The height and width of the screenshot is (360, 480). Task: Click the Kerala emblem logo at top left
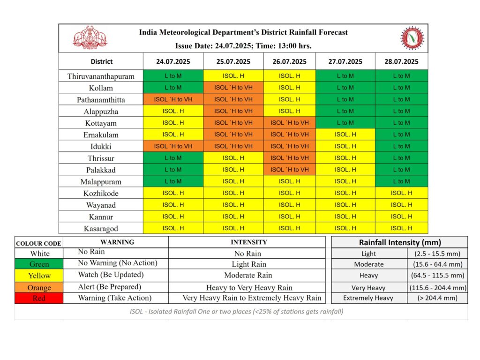click(90, 37)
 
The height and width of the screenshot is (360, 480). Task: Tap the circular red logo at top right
click(412, 38)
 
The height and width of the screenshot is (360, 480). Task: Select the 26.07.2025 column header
click(289, 61)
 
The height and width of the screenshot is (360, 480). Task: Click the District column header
click(102, 61)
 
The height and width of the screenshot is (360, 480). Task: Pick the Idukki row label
click(101, 147)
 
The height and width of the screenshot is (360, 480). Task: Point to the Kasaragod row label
click(101, 229)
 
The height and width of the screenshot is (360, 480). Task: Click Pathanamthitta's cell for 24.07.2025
click(173, 99)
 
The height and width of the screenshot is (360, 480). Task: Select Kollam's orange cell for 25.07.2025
click(233, 88)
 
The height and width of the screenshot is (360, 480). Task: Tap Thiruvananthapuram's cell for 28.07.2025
click(401, 75)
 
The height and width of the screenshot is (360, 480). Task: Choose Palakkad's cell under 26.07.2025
click(289, 170)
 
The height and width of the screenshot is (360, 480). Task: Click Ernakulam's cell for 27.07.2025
click(345, 135)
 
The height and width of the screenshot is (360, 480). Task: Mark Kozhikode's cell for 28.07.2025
click(401, 193)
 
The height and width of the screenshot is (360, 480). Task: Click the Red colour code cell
click(39, 298)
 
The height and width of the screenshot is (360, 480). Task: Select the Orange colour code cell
click(39, 287)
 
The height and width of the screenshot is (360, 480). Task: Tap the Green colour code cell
click(39, 264)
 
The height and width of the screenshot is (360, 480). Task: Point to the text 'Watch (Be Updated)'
click(111, 275)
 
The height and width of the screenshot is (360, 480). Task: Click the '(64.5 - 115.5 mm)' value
click(437, 275)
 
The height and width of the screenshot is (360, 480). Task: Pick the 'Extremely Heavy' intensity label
click(368, 298)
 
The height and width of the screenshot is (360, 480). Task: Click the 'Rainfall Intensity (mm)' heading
click(400, 242)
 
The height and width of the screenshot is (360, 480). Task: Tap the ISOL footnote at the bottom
click(237, 312)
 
